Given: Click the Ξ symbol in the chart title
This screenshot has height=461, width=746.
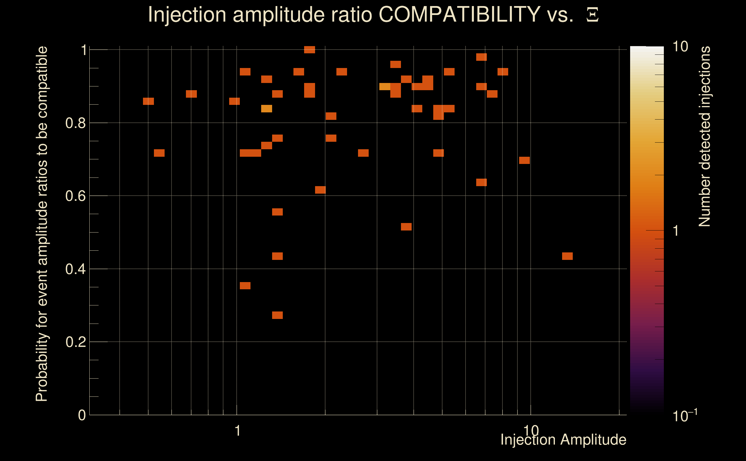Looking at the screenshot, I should pos(592,15).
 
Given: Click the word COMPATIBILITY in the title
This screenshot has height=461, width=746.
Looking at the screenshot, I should pos(459,14).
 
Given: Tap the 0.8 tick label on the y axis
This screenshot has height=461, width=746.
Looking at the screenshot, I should pos(75,123).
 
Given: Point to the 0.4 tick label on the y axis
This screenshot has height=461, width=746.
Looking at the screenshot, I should pos(75,269).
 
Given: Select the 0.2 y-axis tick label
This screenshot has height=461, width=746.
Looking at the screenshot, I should pos(75,342).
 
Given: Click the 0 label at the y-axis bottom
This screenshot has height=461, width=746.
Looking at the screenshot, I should pos(82,415).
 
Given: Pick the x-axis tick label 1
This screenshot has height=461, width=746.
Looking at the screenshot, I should pos(238,431).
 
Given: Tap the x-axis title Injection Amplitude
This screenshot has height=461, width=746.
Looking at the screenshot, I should pos(563,440).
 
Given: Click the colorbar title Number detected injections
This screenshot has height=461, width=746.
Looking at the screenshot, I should pos(704,136).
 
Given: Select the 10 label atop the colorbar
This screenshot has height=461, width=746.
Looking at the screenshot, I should pos(680,47).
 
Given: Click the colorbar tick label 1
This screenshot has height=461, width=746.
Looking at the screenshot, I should pos(676,231).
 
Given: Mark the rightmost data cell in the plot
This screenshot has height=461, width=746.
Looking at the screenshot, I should pos(567,256).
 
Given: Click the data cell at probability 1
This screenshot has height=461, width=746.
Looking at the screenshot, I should pos(310,50).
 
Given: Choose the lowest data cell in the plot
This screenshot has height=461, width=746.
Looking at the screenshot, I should pos(277,315).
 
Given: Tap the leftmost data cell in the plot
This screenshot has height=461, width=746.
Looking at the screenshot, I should pos(148,101).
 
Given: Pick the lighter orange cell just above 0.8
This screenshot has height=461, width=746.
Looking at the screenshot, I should pos(267,109).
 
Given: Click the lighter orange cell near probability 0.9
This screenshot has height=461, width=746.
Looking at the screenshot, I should pos(385,87).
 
